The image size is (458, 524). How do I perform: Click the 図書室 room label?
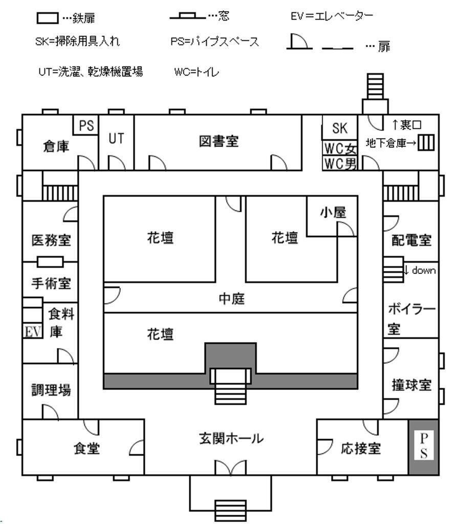(219, 141)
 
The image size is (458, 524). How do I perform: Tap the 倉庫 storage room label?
(56, 146)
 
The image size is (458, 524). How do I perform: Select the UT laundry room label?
(116, 138)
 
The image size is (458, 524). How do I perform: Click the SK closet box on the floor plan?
(340, 127)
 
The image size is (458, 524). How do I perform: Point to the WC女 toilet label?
(340, 148)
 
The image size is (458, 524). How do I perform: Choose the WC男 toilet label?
(340, 164)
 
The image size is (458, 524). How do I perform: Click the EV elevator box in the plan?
(33, 331)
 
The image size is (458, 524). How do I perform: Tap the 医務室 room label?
(51, 241)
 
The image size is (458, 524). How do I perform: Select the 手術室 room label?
(51, 283)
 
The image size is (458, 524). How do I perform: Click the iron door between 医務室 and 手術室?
(50, 261)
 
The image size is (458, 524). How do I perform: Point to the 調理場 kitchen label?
(51, 389)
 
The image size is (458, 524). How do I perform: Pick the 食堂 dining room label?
(86, 448)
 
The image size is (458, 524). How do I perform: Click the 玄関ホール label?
(231, 438)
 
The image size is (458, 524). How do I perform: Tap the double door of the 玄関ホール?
(231, 467)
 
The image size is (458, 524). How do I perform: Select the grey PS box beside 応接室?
(424, 447)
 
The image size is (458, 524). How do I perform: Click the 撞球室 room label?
(411, 385)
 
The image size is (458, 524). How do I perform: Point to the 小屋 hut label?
(333, 212)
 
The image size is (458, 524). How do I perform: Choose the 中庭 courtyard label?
(231, 298)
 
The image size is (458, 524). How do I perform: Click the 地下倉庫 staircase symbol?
(426, 142)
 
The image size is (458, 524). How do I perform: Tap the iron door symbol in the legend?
(48, 18)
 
